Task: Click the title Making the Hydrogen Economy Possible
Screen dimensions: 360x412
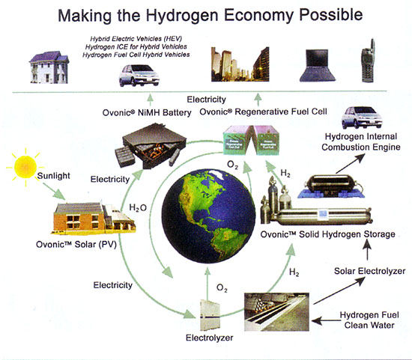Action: point(206,15)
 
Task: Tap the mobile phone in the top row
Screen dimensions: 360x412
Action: point(369,59)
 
